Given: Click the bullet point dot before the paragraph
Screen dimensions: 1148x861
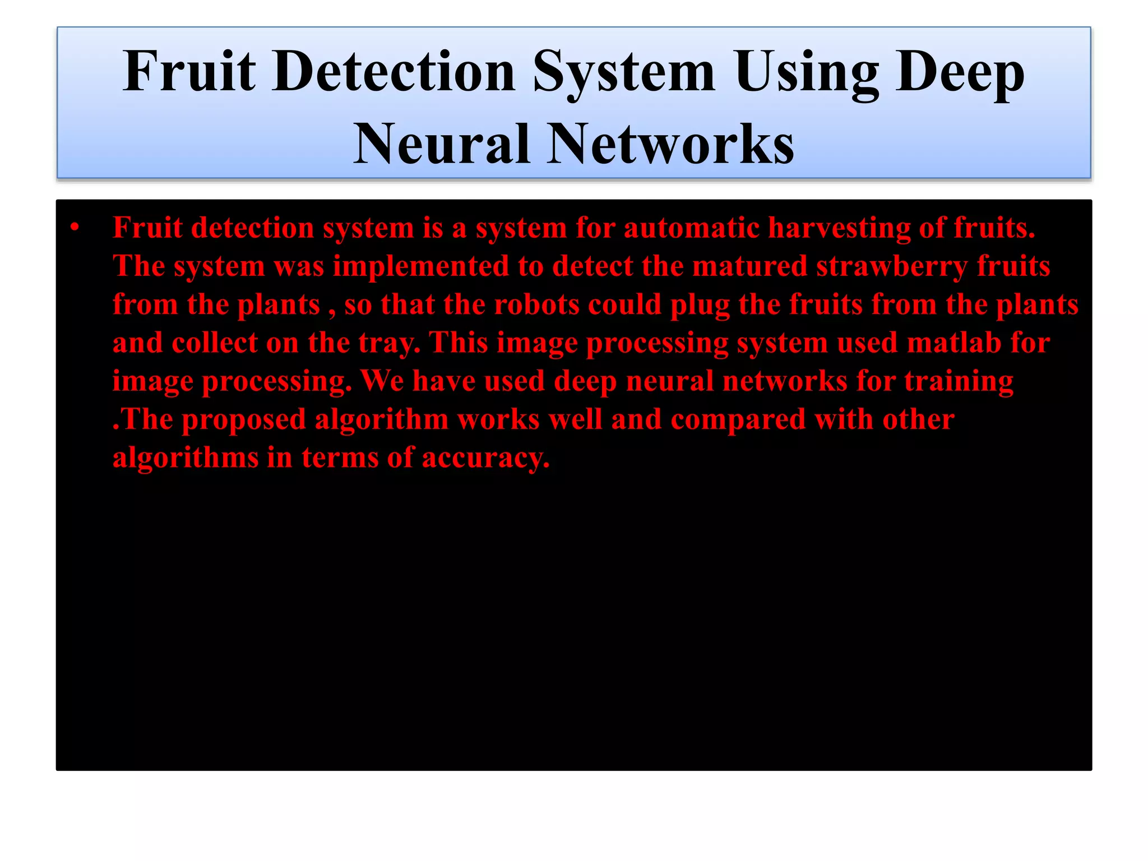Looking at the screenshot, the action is click(x=75, y=228).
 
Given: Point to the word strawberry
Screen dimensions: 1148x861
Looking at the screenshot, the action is click(x=892, y=266).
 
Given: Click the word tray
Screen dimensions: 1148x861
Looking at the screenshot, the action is click(x=389, y=342).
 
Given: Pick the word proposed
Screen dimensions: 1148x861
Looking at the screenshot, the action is click(x=244, y=419).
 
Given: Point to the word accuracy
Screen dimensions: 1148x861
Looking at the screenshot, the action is click(x=485, y=457).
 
